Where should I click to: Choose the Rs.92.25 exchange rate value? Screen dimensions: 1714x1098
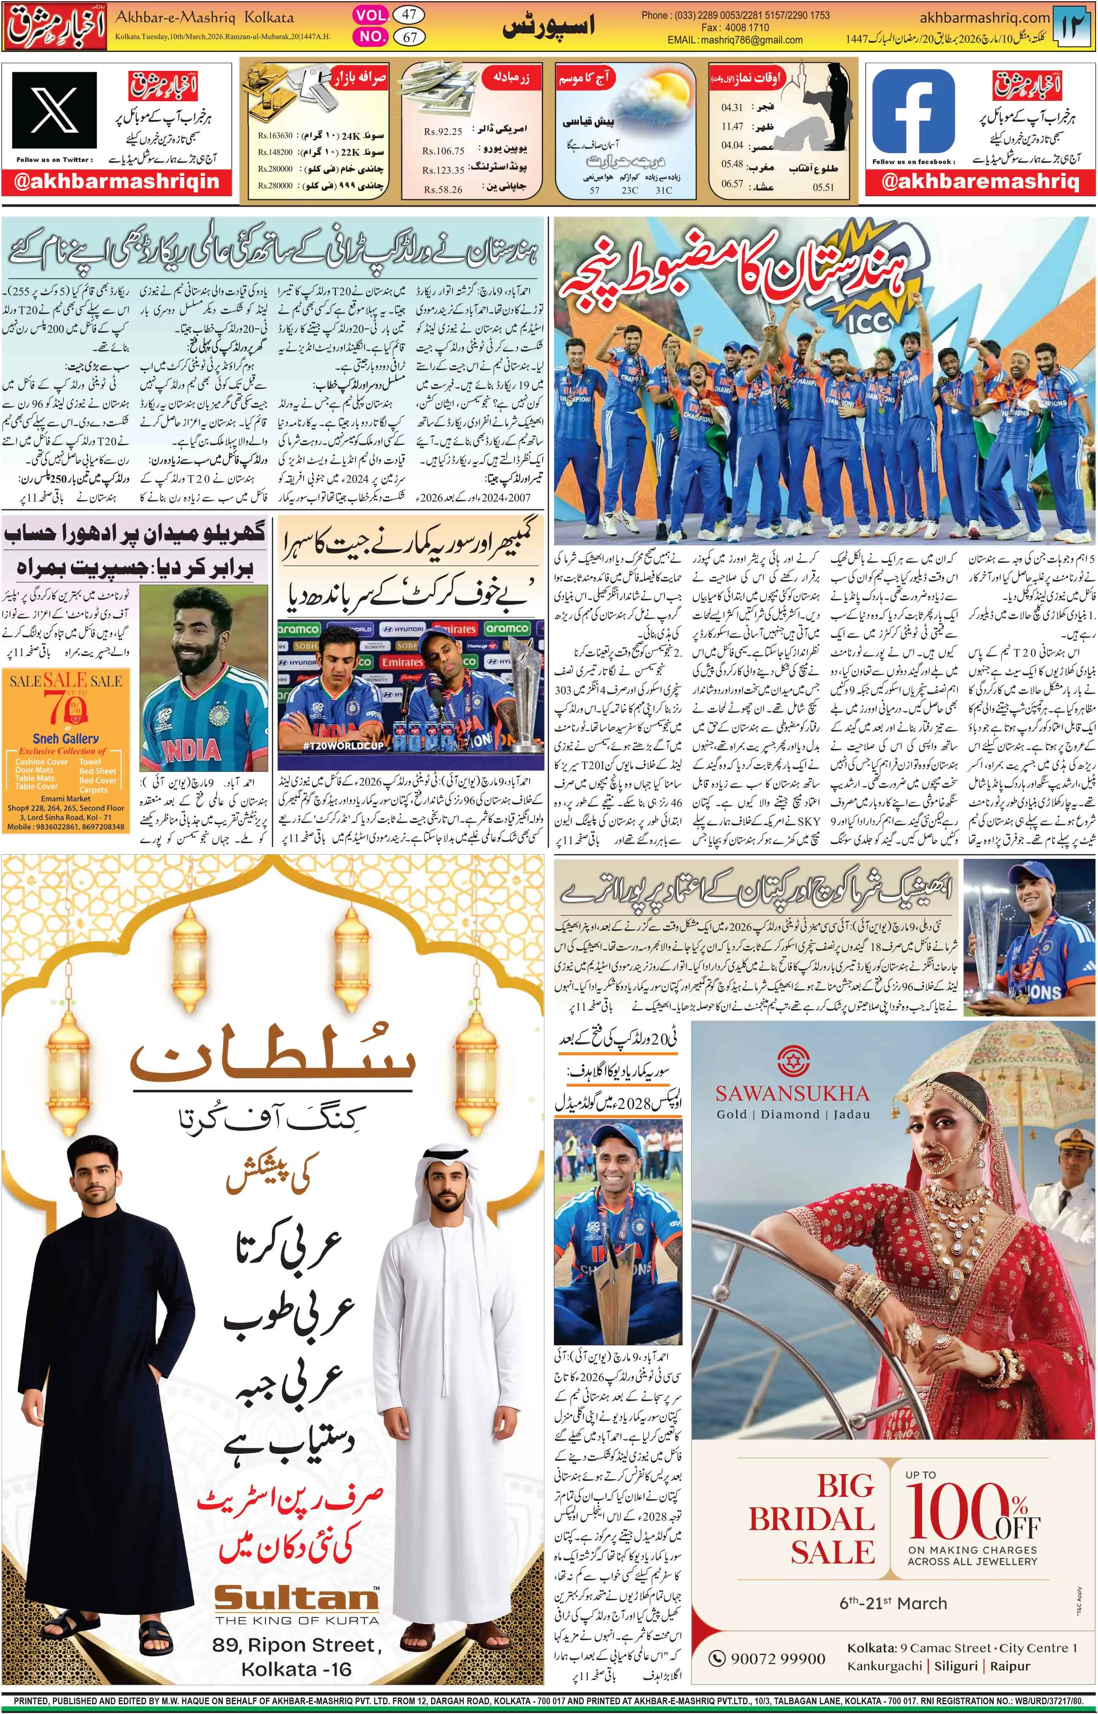coord(443,132)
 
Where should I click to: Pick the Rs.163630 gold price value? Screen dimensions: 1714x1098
coord(275,135)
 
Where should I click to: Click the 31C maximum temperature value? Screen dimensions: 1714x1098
coord(663,190)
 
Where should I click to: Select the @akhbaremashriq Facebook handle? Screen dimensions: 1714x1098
coord(980,182)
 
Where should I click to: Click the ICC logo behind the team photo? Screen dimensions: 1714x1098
coord(870,322)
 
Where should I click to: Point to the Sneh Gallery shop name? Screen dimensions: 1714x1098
coord(66,739)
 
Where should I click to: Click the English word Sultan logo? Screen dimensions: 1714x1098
coord(296,1600)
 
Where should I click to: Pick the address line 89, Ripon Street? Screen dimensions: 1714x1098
coord(296,1646)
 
